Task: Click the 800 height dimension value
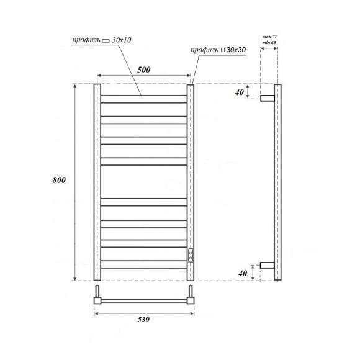(x=60, y=179)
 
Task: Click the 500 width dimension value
(x=144, y=70)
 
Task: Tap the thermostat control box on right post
(x=190, y=254)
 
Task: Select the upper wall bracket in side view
(x=267, y=98)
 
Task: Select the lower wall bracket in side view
(x=267, y=265)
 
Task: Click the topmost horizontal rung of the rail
(x=144, y=96)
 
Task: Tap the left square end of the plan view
(x=97, y=300)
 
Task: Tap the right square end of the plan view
(x=191, y=300)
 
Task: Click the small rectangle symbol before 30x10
(x=105, y=40)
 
